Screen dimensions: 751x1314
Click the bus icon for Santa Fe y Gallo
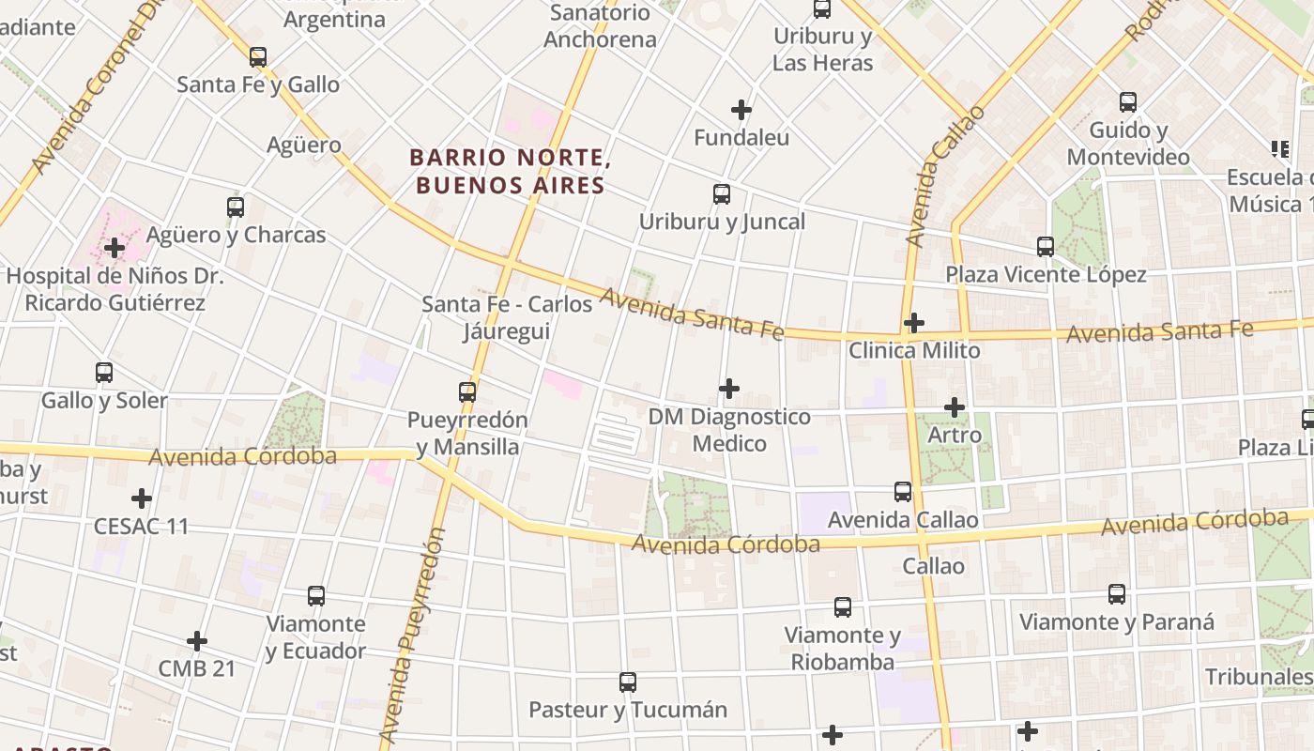258,56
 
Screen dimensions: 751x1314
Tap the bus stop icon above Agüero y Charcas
236,207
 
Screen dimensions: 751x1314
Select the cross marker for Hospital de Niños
115,248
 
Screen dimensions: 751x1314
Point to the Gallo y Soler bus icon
104,373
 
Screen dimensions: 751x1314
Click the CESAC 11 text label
141,526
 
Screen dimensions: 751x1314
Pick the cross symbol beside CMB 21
196,641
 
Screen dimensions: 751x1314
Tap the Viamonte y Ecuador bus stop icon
316,596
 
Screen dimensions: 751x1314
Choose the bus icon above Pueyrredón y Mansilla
467,391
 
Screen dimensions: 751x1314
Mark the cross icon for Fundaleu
741,110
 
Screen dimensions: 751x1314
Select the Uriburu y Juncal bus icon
722,194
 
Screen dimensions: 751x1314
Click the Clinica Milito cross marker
914,323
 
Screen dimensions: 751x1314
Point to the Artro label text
955,436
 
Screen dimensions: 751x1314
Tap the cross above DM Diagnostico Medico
729,389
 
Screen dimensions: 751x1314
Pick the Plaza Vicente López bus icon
1046,247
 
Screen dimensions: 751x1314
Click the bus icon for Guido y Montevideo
1128,102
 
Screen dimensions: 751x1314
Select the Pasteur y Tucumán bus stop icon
628,682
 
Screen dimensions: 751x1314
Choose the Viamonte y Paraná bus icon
1117,594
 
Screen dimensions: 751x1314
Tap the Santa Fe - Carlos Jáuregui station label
507,318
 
